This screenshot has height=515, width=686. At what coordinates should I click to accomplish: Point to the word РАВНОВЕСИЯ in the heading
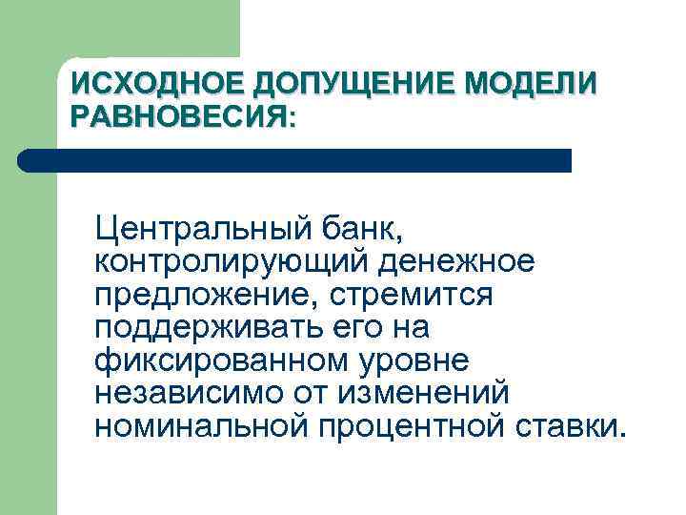[177, 117]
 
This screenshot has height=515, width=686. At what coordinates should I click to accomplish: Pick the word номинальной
[201, 424]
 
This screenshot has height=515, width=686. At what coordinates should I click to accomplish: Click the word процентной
[414, 424]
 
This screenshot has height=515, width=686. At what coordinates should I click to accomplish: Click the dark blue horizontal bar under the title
[295, 160]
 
